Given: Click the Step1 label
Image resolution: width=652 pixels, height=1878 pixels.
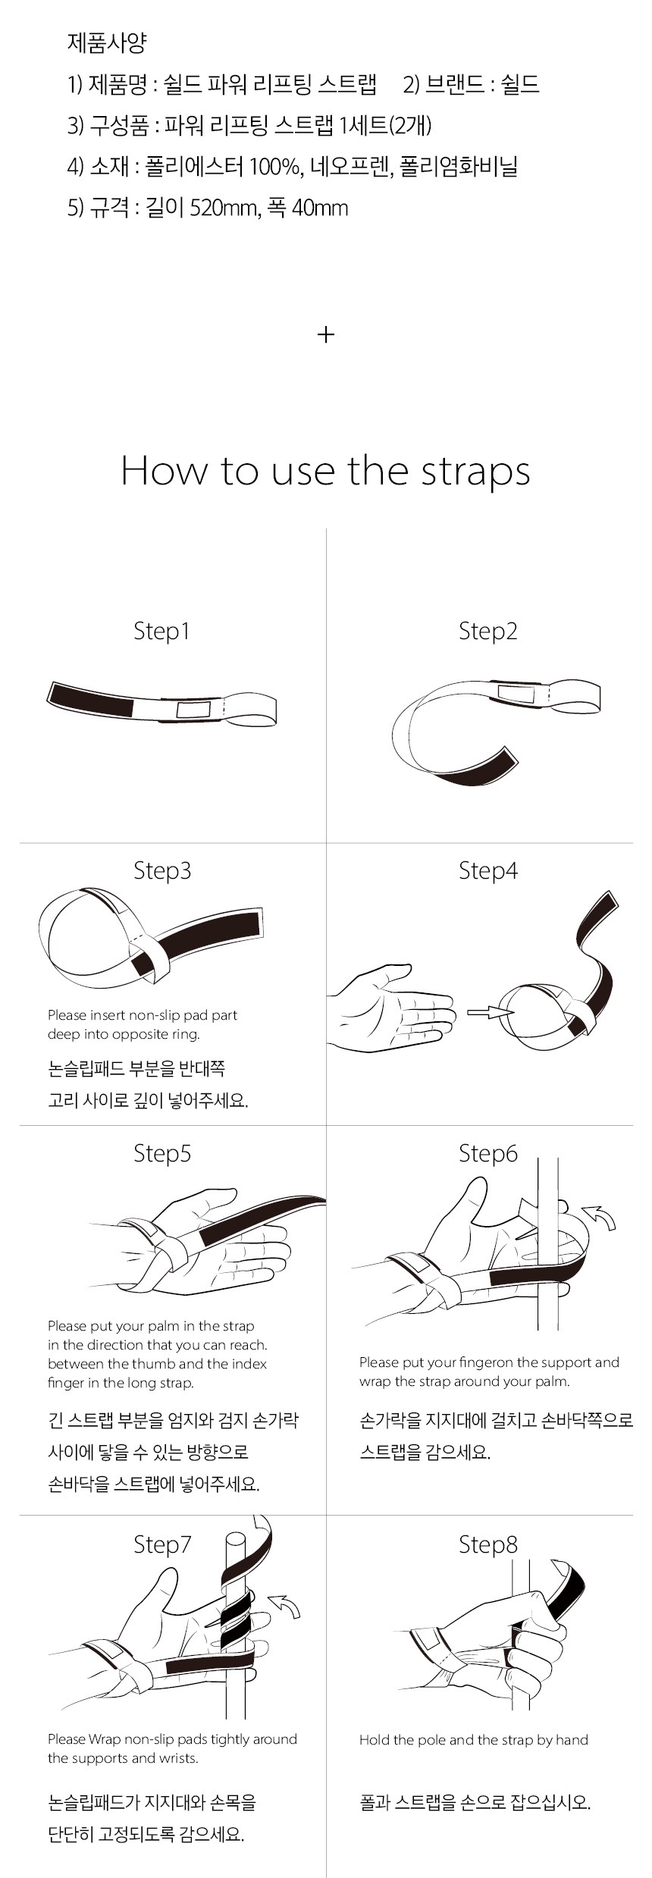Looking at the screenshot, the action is [161, 632].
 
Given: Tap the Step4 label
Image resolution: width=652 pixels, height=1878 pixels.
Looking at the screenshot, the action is [487, 871].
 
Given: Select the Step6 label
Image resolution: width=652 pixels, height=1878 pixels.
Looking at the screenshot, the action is [487, 1153].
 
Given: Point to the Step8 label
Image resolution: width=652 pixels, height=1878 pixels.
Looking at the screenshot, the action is [487, 1544].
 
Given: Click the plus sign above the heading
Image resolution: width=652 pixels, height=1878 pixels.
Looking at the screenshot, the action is [326, 334].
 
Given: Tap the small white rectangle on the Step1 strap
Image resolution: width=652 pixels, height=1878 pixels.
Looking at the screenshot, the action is [195, 710].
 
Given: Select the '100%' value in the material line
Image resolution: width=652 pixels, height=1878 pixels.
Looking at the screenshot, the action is [277, 166].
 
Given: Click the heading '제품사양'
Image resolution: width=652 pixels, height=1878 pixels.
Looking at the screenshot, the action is [106, 43].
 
